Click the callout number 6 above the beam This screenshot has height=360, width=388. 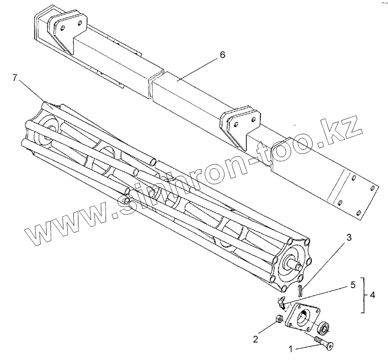(222, 55)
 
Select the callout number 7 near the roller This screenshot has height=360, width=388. (15, 78)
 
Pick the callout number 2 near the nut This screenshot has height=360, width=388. (255, 339)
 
